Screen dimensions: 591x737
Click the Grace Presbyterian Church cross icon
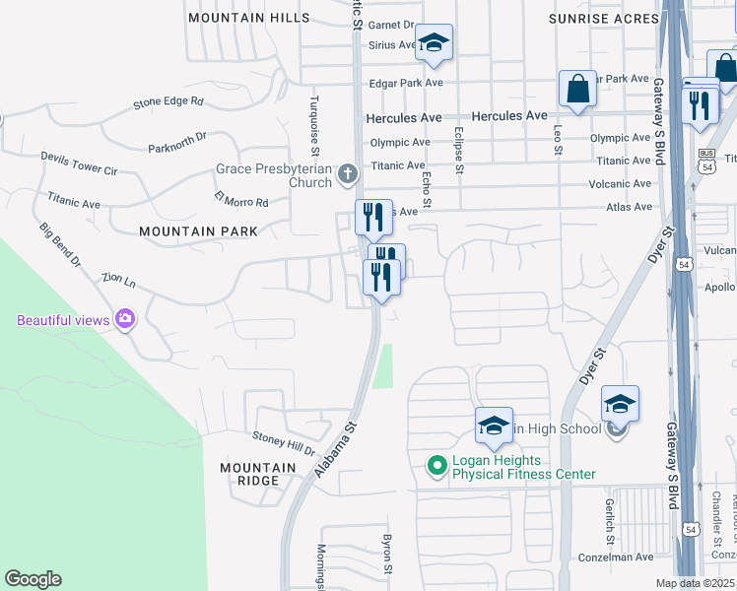tap(346, 175)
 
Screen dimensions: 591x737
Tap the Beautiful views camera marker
tap(125, 319)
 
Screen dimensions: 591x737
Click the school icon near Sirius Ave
tap(433, 42)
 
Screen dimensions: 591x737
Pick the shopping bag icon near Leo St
tap(577, 88)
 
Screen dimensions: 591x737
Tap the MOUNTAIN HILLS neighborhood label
tap(248, 19)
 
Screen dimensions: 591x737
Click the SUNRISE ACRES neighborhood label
tap(603, 19)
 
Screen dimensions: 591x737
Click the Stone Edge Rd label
tap(168, 100)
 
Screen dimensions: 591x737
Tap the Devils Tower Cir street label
tap(79, 164)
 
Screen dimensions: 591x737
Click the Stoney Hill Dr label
tap(282, 444)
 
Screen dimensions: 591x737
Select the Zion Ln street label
tap(118, 281)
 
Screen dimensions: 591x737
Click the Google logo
tap(33, 579)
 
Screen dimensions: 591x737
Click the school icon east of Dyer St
tap(620, 404)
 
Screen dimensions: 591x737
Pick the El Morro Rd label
tap(241, 201)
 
